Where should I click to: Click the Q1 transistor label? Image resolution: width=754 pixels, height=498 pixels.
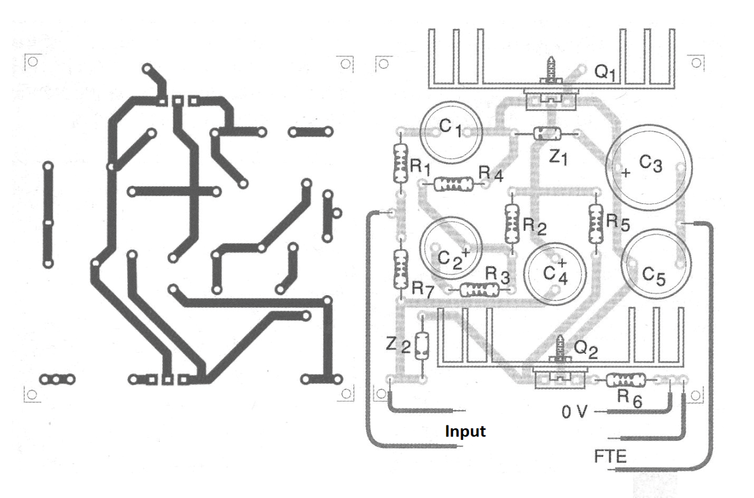(605, 73)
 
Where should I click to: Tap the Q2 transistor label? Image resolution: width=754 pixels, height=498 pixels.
(585, 349)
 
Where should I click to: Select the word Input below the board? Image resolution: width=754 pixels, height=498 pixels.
(465, 432)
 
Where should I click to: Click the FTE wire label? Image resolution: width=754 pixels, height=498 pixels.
(610, 456)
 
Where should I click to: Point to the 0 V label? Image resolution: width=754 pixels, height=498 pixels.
(574, 411)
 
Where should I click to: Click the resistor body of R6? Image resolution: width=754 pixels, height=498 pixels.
(626, 381)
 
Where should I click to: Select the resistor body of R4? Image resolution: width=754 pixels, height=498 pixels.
(453, 184)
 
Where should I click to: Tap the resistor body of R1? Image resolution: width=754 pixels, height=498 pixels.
(401, 163)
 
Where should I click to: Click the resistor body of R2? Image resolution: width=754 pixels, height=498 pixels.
(512, 224)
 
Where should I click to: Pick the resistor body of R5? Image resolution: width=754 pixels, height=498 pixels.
(596, 224)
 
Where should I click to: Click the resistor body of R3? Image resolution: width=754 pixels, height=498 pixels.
(480, 290)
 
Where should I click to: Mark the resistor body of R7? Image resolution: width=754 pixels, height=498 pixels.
(401, 269)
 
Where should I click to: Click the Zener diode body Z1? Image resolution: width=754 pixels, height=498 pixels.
(548, 134)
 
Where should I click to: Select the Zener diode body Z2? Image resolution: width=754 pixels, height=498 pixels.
(422, 346)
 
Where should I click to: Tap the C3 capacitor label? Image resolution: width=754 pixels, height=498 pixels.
(651, 164)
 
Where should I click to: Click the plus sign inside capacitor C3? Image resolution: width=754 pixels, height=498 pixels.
(626, 173)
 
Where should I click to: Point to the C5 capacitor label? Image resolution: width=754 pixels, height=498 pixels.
(653, 276)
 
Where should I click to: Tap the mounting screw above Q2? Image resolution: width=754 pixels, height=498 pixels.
(560, 349)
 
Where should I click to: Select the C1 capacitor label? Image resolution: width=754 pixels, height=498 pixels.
(451, 128)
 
